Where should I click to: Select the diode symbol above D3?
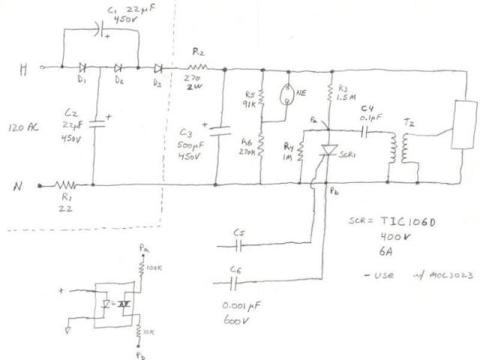(x=160, y=67)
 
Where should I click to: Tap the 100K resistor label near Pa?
(x=154, y=266)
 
